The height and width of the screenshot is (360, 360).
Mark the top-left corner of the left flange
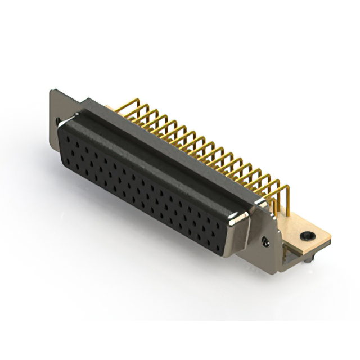tap(51, 91)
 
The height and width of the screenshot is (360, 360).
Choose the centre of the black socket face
tap(146, 188)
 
